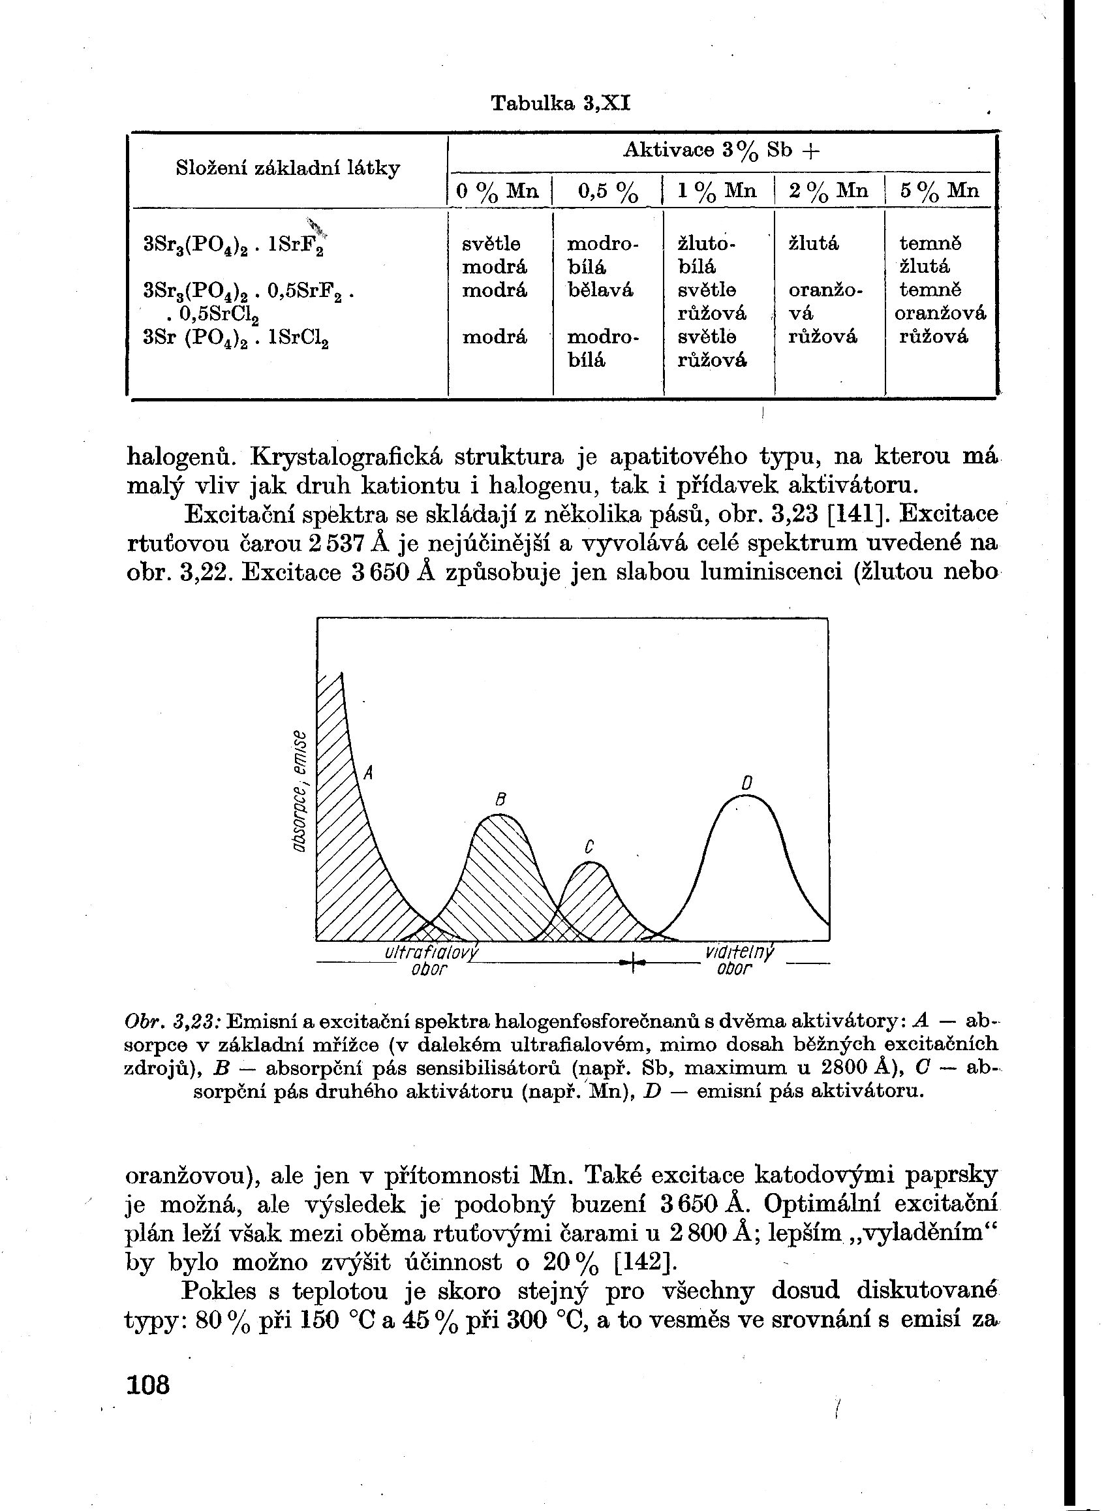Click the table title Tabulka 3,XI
pos(561,103)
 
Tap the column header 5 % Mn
pos(940,191)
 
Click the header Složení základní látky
pos(288,168)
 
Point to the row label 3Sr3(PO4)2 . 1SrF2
pos(234,245)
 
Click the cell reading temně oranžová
pos(940,302)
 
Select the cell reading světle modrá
pos(494,255)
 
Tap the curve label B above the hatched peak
pos(499,799)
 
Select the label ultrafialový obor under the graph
pos(430,961)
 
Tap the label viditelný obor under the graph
pos(738,961)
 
